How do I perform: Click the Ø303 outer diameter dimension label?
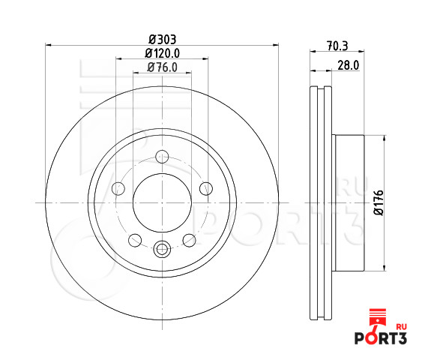pos(163,40)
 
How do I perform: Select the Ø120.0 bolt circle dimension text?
pos(163,53)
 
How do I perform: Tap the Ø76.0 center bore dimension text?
pos(163,67)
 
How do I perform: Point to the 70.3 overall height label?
pos(337,46)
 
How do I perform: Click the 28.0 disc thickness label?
pos(349,65)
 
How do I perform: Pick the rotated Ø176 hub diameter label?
pos(379,202)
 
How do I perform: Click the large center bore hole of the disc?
pos(162,202)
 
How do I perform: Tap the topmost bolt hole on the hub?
pos(162,157)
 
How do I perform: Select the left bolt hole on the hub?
pos(118,188)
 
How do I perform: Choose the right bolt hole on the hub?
pos(206,188)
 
